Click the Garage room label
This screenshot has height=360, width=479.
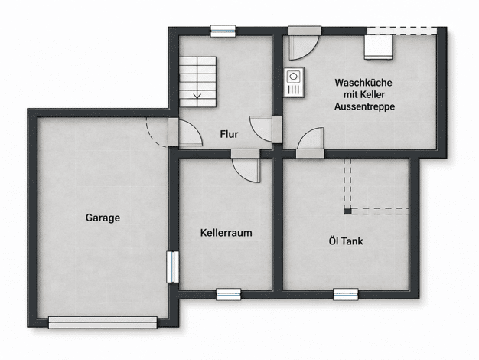tap(103, 218)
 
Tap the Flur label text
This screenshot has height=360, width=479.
tap(229, 134)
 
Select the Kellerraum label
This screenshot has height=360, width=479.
tap(226, 233)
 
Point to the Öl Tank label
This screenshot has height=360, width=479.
tap(346, 241)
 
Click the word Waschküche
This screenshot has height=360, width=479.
tap(363, 83)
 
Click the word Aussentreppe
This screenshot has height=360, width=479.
tap(364, 106)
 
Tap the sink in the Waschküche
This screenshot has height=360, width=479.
tap(294, 82)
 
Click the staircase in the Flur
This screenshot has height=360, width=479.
tap(197, 82)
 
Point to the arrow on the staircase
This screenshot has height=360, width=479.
tap(197, 97)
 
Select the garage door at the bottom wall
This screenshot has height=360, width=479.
tap(103, 322)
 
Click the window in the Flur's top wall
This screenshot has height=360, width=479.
tap(223, 31)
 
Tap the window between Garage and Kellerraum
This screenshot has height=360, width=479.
tap(173, 267)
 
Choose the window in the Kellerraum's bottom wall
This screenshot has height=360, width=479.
tap(229, 295)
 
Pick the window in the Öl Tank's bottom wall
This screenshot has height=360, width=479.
tap(346, 295)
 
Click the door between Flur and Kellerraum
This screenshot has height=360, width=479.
tap(246, 165)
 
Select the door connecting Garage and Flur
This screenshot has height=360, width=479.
tap(185, 132)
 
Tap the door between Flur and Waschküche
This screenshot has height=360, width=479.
tap(266, 129)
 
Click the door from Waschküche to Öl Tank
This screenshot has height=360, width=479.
tap(311, 143)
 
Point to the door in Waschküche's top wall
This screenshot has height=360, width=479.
tap(305, 42)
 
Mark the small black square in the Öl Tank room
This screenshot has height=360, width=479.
tap(347, 211)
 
